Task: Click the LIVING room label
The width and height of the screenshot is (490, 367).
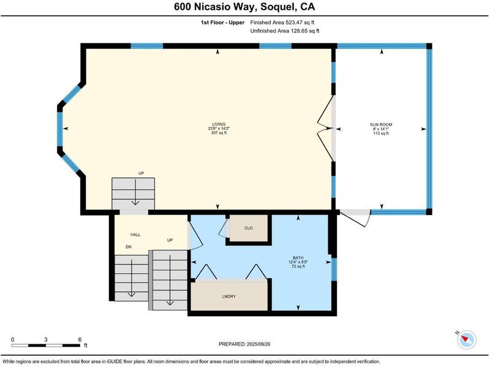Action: point(219,124)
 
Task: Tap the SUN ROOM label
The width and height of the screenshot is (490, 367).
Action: point(381,124)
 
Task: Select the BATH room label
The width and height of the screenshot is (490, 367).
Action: point(298,258)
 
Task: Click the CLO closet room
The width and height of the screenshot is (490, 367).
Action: point(249,228)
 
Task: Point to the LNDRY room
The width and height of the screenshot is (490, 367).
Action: point(229,296)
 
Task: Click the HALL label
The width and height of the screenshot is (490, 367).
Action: point(135,235)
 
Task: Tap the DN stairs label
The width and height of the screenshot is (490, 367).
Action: point(129,247)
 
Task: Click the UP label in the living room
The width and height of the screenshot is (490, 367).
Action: point(141,173)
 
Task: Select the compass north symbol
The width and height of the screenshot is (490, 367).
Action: point(467,339)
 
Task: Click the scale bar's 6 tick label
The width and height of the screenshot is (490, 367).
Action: point(80,339)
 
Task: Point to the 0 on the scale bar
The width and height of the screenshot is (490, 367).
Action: point(12,339)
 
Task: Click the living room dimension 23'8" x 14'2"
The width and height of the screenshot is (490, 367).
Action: point(219,129)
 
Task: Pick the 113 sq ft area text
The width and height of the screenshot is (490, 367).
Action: point(381,133)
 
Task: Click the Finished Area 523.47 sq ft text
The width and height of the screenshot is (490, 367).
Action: point(282,22)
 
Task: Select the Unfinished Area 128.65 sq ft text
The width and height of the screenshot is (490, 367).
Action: point(285,31)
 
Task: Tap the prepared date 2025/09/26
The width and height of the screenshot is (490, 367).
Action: point(258,344)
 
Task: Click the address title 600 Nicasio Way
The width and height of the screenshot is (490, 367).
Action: point(216,7)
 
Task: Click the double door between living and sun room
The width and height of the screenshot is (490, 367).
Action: point(326,129)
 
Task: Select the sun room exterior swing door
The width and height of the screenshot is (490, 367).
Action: point(355,218)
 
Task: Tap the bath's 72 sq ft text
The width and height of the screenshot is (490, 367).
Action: point(298,267)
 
